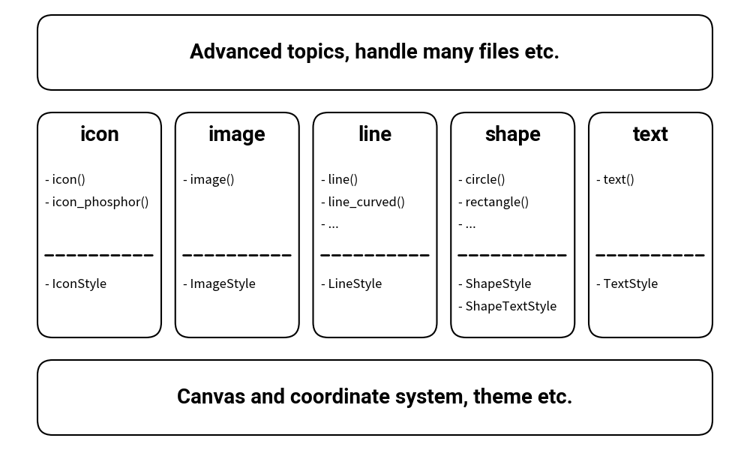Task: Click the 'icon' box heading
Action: pos(99,133)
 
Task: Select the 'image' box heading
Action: pos(236,133)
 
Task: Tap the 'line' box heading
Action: pos(374,133)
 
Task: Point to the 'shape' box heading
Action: pos(512,133)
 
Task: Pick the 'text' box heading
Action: pos(649,133)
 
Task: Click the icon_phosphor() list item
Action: pos(100,202)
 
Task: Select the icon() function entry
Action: pos(68,179)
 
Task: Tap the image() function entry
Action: pos(211,179)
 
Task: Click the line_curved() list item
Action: pos(366,202)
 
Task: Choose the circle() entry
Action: pos(484,179)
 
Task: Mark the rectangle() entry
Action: pos(496,202)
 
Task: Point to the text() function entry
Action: pos(618,179)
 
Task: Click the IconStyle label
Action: pos(79,283)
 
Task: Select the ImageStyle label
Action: pos(222,283)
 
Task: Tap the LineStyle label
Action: pos(354,283)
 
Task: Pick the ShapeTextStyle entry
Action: pos(510,306)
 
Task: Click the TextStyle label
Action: pos(630,283)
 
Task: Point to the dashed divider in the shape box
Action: pos(512,255)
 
